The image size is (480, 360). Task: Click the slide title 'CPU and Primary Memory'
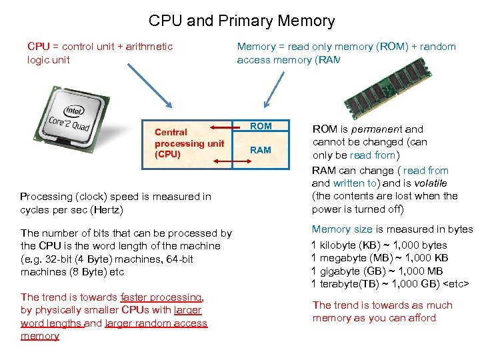pyautogui.click(x=241, y=21)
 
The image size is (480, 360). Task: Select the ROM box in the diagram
pyautogui.click(x=261, y=126)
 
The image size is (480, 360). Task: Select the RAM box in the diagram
pyautogui.click(x=261, y=150)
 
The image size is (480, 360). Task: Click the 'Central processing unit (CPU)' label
pyautogui.click(x=189, y=143)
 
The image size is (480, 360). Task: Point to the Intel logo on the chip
pyautogui.click(x=73, y=111)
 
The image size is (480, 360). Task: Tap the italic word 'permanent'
pyautogui.click(x=379, y=129)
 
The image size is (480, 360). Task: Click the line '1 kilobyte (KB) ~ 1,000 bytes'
pyautogui.click(x=379, y=245)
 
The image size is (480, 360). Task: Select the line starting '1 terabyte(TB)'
pyautogui.click(x=390, y=284)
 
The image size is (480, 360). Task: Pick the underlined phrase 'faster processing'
pyautogui.click(x=161, y=297)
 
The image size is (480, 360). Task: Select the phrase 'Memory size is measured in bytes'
pyautogui.click(x=392, y=229)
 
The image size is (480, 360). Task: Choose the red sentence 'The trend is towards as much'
pyautogui.click(x=382, y=305)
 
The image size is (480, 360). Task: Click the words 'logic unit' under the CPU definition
pyautogui.click(x=49, y=59)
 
